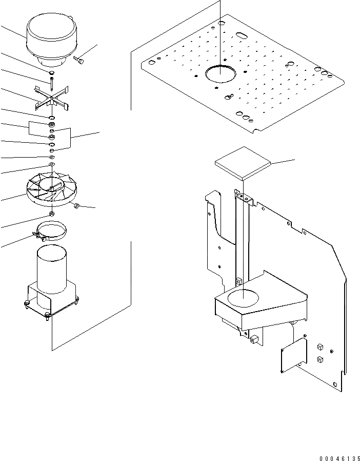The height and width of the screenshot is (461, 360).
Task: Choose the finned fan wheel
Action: click(52, 189)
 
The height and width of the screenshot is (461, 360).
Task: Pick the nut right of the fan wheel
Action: click(76, 206)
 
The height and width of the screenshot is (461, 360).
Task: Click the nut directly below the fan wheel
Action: click(52, 213)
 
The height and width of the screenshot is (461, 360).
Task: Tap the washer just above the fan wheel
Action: click(52, 164)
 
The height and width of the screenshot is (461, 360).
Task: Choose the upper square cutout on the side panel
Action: click(319, 347)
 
